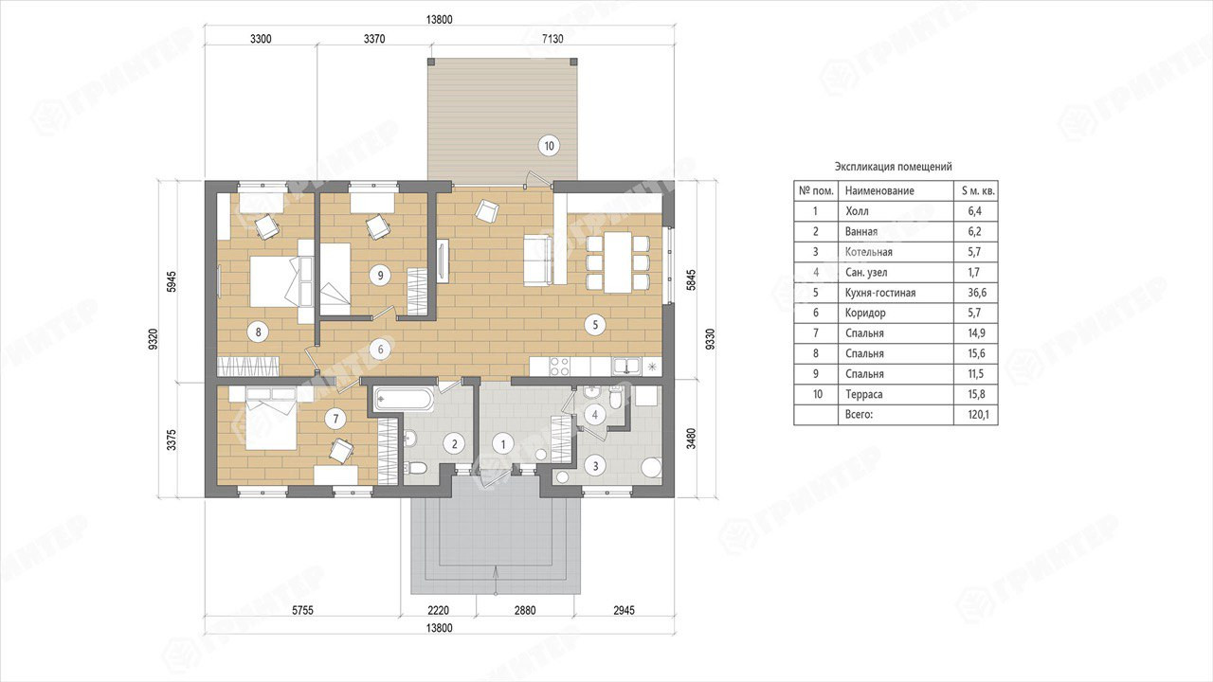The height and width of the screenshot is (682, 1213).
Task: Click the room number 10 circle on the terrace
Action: [549, 146]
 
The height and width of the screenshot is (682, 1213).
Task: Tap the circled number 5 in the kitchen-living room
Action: [595, 325]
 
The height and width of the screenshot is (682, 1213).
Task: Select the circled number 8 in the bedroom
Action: [258, 332]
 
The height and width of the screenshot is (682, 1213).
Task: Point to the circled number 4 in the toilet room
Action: [595, 415]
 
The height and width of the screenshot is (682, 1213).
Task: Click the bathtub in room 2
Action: [404, 400]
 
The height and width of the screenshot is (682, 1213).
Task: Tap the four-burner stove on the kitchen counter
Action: [560, 367]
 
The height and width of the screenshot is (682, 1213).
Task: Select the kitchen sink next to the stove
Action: [626, 367]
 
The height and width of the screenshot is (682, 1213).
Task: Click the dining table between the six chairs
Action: [618, 262]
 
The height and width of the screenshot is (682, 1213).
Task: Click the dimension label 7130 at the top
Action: [552, 39]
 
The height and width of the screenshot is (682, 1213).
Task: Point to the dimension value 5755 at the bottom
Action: [302, 611]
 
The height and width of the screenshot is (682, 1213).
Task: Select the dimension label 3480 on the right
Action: [691, 439]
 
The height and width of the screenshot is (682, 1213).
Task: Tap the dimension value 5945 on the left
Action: [172, 281]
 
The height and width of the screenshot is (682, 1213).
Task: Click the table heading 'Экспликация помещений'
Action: [893, 167]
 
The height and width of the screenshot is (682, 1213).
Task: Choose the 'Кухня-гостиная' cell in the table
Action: [880, 293]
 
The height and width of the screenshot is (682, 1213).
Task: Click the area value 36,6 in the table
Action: [977, 293]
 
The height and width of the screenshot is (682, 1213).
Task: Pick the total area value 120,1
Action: [977, 415]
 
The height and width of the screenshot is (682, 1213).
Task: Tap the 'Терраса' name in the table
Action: [863, 395]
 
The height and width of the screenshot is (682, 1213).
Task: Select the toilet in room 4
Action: [615, 399]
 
